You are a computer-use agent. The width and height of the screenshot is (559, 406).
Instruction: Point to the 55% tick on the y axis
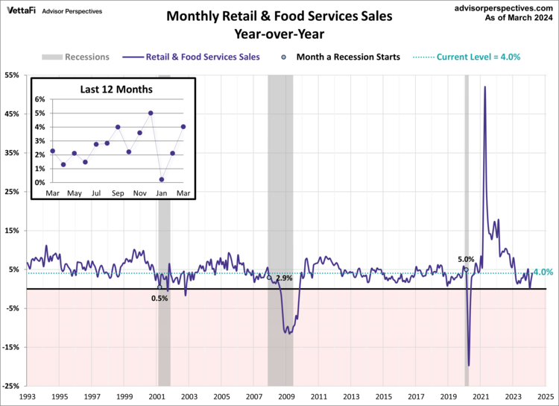(x=13, y=75)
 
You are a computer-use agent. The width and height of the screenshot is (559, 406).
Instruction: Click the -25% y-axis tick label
(x=12, y=386)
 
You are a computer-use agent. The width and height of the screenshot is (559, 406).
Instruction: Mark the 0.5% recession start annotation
(x=160, y=298)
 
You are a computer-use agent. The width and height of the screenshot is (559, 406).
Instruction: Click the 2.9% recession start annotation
(x=283, y=278)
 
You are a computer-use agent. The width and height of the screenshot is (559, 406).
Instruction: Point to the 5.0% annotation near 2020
(x=466, y=260)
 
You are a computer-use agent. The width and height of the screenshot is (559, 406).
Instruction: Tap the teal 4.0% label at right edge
(x=543, y=272)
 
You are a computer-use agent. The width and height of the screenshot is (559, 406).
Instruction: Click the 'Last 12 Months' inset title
(x=116, y=89)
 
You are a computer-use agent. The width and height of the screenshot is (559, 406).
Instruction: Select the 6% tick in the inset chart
(x=40, y=99)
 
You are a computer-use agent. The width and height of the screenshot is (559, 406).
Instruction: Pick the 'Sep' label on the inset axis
(x=118, y=193)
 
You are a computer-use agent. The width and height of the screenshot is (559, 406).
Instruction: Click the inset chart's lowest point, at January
(x=162, y=179)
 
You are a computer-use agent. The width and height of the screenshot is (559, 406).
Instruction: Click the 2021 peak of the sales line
(x=485, y=87)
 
